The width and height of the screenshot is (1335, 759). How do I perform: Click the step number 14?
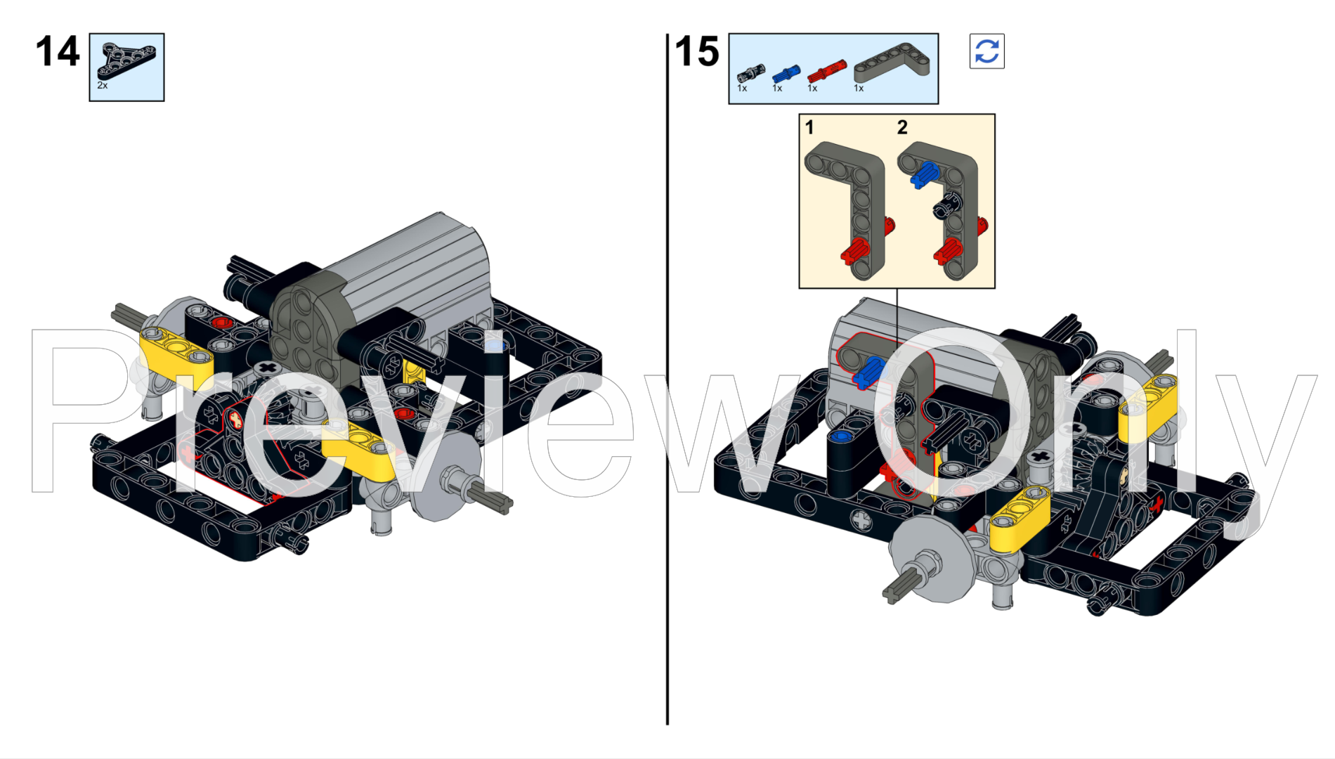coord(58,52)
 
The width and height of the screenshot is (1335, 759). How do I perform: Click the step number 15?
coord(697,52)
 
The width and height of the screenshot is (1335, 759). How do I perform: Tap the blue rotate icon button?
coord(986,51)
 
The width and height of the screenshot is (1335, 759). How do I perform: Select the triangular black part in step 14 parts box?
coord(126,59)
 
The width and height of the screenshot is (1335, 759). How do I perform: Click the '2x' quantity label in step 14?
coord(103,85)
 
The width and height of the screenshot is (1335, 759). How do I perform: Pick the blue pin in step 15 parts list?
coord(786,73)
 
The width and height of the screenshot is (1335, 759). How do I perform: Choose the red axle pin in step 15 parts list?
coord(827,71)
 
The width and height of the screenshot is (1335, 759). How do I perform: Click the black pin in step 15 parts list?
coord(750,73)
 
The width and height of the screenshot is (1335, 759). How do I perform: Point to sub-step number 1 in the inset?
coord(809,127)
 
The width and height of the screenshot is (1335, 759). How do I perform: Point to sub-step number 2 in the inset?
coord(902,127)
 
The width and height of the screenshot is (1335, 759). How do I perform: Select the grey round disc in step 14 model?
coord(446,478)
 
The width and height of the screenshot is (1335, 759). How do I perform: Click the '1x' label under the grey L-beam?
coord(859,89)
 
